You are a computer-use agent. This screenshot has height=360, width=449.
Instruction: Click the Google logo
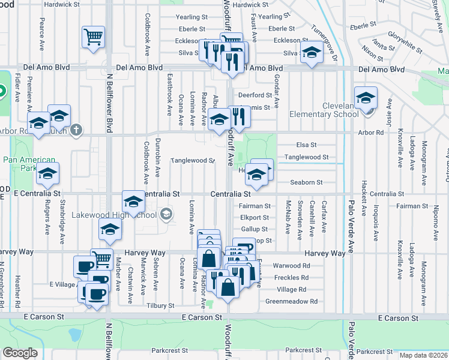(20, 353)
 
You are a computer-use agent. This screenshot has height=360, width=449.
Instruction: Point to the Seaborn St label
(307, 182)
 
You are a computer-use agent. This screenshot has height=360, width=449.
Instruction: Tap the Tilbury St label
(160, 305)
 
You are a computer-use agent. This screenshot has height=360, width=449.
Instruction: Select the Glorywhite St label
(405, 39)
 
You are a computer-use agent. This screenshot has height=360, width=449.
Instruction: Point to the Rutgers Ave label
(47, 218)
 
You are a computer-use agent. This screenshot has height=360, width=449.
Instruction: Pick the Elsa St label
(306, 145)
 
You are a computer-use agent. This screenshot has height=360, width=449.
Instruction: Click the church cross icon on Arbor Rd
(76, 129)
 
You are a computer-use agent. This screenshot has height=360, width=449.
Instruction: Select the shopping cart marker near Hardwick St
(93, 37)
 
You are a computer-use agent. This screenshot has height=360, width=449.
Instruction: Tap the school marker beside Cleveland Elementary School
(365, 98)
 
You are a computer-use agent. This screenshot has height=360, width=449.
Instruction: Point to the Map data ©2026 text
(423, 355)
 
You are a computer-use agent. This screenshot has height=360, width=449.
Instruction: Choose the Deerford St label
(255, 95)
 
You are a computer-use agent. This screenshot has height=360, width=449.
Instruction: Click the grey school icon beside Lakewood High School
(166, 214)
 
